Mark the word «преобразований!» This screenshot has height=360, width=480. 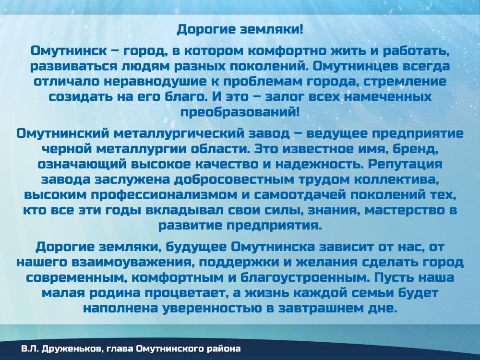tap(240, 112)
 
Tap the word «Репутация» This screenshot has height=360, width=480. tap(405, 164)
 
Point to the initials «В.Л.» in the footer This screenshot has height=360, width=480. tap(30, 348)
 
